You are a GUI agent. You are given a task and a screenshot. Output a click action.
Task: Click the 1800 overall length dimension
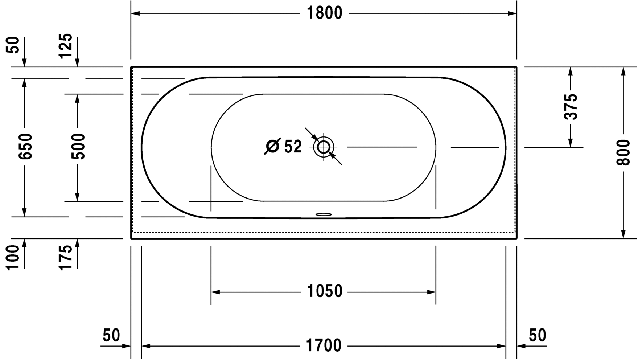[x=324, y=13]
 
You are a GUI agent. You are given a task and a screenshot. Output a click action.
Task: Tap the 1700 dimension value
[x=324, y=346]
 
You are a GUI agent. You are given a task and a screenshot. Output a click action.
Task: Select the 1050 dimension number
[x=324, y=291]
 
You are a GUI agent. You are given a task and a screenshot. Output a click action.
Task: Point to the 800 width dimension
[x=623, y=152]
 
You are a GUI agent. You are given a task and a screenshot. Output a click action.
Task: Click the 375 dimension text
[x=571, y=107]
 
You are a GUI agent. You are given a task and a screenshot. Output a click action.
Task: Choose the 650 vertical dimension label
[x=25, y=146]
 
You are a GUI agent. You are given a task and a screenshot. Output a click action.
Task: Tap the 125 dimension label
[x=66, y=46]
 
